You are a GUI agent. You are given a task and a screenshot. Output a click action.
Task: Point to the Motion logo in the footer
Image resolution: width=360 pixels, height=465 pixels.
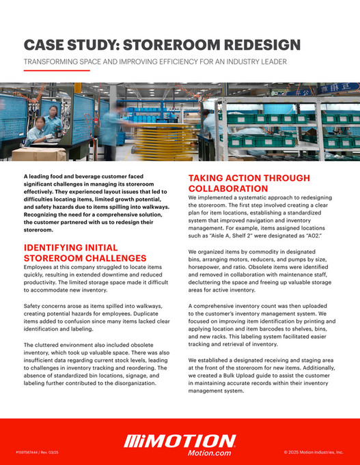(x=180, y=440)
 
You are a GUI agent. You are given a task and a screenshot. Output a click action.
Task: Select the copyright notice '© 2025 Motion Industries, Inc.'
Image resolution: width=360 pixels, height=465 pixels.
(x=313, y=452)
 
